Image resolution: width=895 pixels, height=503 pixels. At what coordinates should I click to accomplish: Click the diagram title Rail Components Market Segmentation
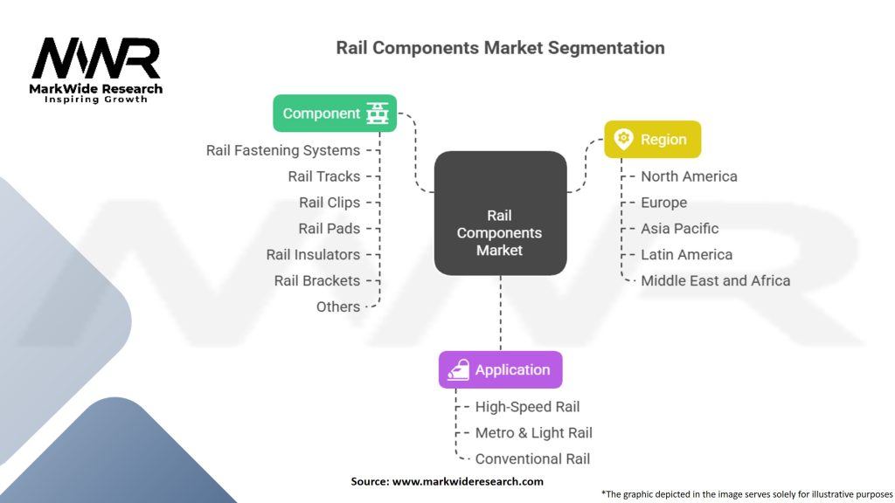pyautogui.click(x=500, y=47)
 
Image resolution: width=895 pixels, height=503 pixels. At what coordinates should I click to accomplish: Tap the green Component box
pyautogui.click(x=335, y=114)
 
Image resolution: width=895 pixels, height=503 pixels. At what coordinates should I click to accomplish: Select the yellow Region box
pyautogui.click(x=652, y=140)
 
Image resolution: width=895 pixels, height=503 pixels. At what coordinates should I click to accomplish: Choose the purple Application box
pyautogui.click(x=500, y=370)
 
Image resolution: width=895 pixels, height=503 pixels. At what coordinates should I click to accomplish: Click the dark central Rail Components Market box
pyautogui.click(x=500, y=232)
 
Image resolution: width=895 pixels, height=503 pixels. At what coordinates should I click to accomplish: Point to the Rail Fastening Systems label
pyautogui.click(x=283, y=150)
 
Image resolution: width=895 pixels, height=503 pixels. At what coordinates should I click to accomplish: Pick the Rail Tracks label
pyautogui.click(x=324, y=176)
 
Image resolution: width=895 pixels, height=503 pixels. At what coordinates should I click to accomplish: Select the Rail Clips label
pyautogui.click(x=330, y=203)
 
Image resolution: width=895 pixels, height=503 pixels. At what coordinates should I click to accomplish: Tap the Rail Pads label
pyautogui.click(x=330, y=229)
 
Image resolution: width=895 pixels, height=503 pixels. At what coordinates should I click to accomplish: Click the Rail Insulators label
pyautogui.click(x=313, y=255)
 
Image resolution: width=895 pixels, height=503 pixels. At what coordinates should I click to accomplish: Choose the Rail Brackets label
pyautogui.click(x=317, y=281)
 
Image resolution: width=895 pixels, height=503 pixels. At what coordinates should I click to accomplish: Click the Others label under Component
pyautogui.click(x=338, y=307)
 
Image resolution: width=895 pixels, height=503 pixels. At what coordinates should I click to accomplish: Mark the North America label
pyautogui.click(x=689, y=176)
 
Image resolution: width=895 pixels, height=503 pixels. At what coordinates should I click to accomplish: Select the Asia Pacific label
pyautogui.click(x=679, y=229)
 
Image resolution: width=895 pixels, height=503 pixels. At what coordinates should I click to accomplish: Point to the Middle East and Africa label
pyautogui.click(x=715, y=281)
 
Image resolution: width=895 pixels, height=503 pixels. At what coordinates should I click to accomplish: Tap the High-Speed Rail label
pyautogui.click(x=527, y=407)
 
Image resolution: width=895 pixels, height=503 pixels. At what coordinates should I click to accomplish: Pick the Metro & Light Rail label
pyautogui.click(x=533, y=433)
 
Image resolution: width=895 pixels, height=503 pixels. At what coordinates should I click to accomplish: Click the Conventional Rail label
pyautogui.click(x=532, y=459)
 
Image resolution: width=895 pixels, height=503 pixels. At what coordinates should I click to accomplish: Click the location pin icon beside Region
pyautogui.click(x=623, y=140)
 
